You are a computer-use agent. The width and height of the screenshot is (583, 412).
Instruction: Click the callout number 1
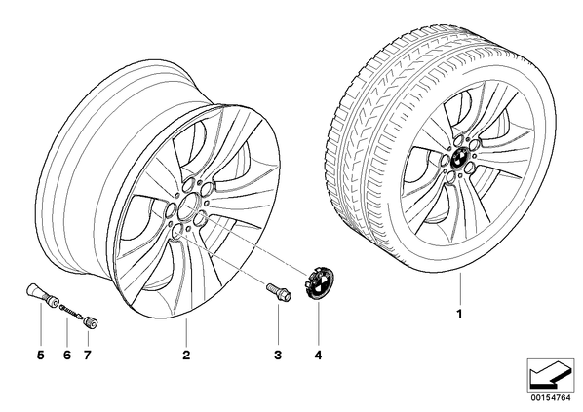[459, 315]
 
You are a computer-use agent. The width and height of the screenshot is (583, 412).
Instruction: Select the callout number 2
[186, 356]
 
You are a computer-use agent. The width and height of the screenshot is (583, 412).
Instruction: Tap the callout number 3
[278, 356]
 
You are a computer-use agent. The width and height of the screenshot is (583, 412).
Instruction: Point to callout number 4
[318, 356]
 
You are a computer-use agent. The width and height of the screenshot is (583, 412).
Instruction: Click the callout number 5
[41, 356]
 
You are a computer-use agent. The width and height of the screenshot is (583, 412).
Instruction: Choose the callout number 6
[67, 356]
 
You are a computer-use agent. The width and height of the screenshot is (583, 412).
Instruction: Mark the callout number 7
[87, 356]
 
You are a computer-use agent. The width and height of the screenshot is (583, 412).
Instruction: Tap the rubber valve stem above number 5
[43, 294]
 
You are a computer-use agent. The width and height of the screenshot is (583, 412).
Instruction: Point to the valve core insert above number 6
[71, 310]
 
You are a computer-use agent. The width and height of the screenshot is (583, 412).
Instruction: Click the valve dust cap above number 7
[91, 321]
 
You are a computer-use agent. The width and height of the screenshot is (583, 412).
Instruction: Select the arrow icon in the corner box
[550, 375]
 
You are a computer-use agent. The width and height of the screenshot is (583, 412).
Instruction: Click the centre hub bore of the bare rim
[188, 207]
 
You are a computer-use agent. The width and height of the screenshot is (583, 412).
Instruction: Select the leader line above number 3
[278, 323]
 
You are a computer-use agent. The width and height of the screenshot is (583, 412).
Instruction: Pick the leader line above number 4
[318, 323]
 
